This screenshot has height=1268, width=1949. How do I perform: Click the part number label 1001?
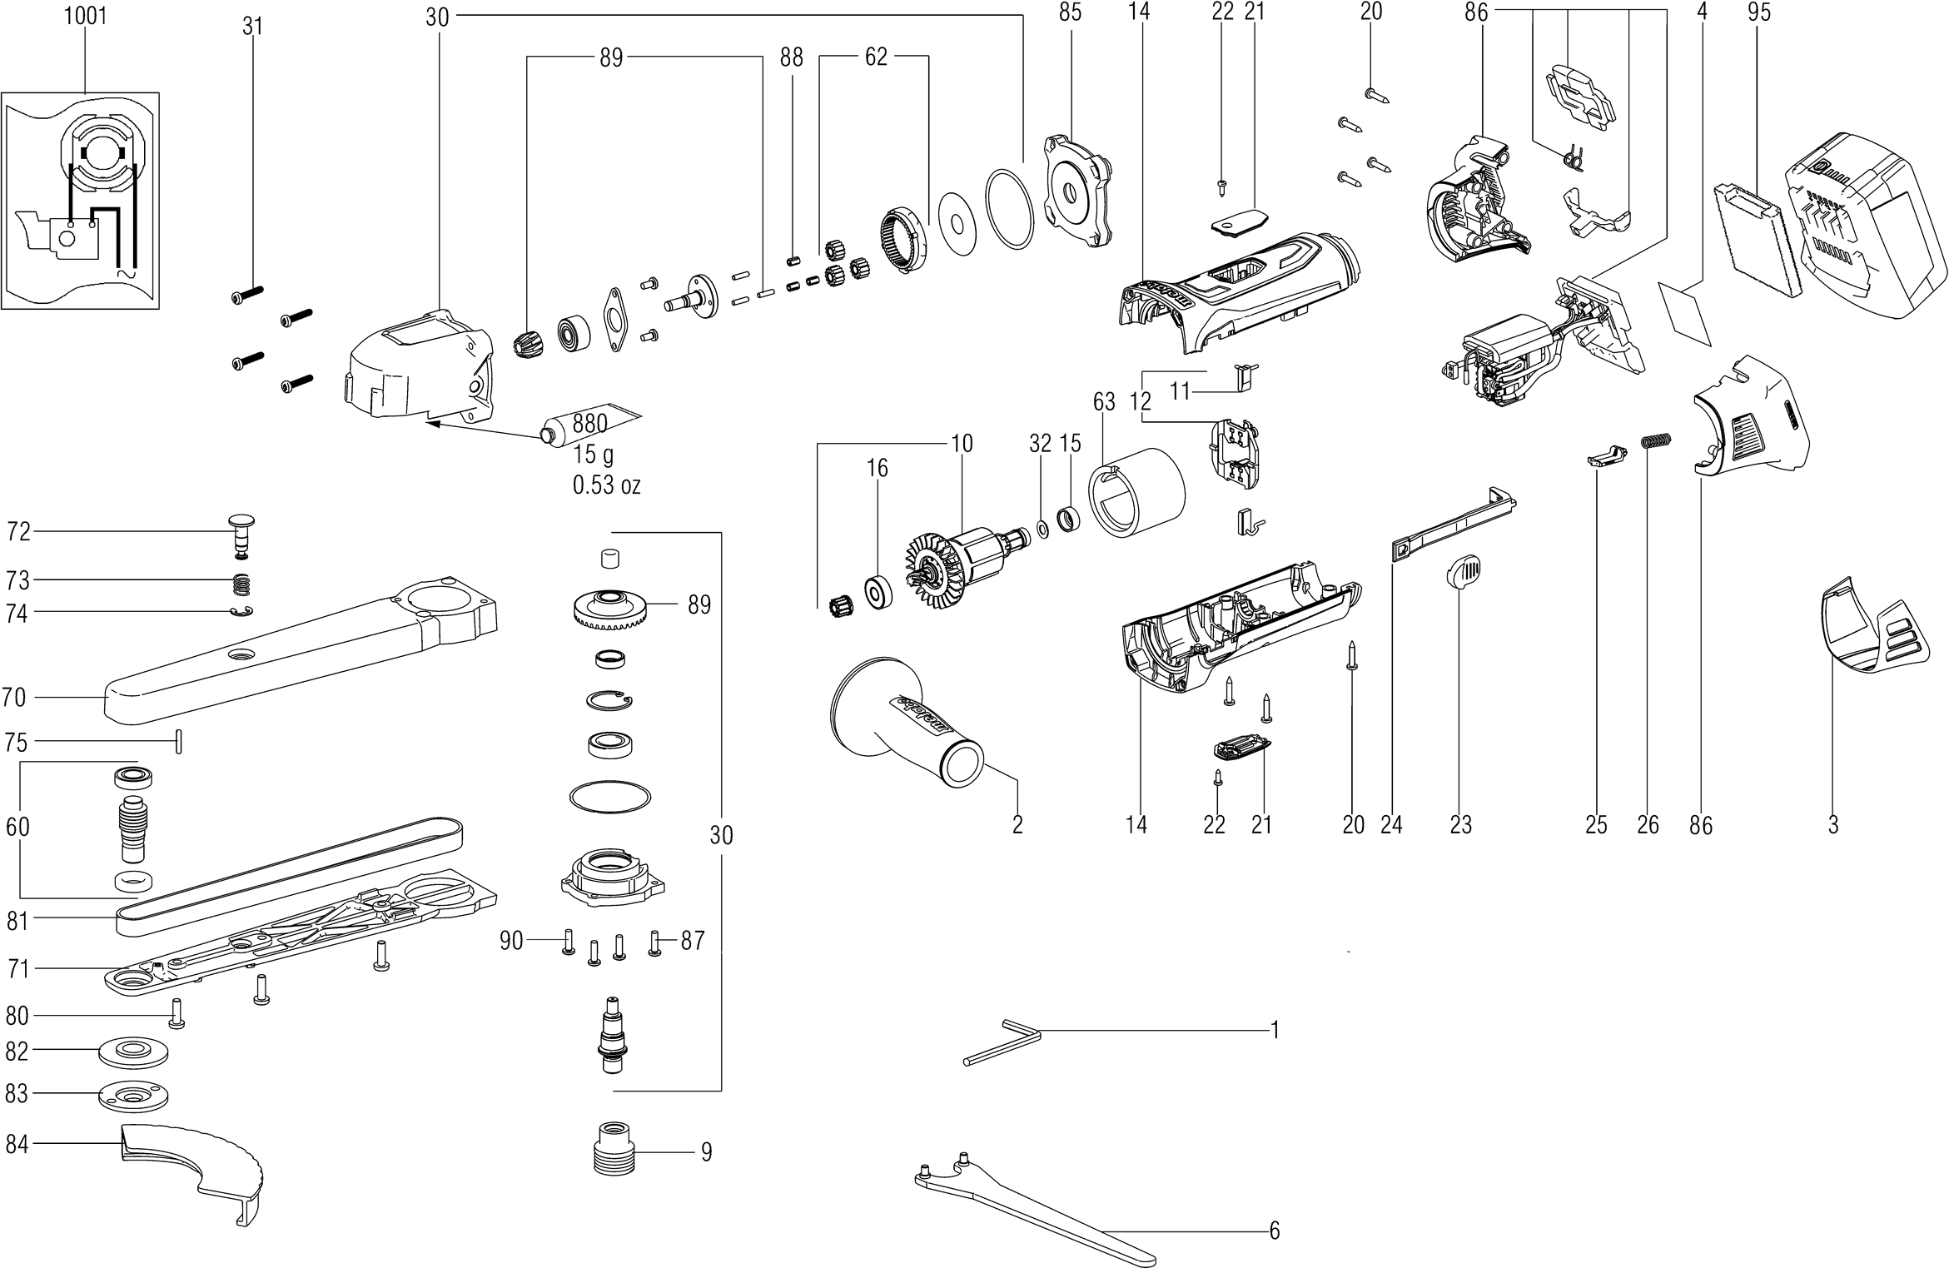(x=85, y=17)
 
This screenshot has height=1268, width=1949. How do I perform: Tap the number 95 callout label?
(x=1759, y=13)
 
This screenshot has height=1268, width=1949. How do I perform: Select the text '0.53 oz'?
(x=606, y=485)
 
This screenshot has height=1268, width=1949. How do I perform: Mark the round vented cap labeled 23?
(x=1463, y=574)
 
